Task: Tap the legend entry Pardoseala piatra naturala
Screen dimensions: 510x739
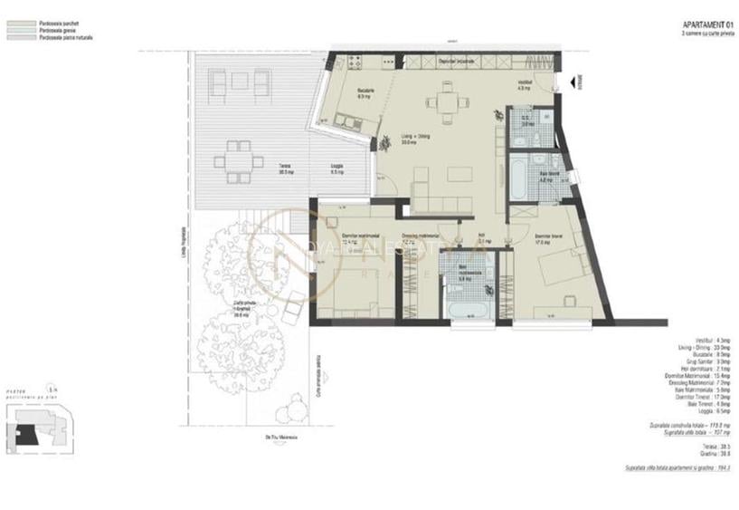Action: click(x=66, y=38)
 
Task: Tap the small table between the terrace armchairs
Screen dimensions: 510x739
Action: click(x=240, y=82)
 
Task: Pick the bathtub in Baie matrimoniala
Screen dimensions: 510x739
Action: click(x=469, y=310)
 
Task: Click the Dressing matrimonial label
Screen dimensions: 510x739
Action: click(x=421, y=238)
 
